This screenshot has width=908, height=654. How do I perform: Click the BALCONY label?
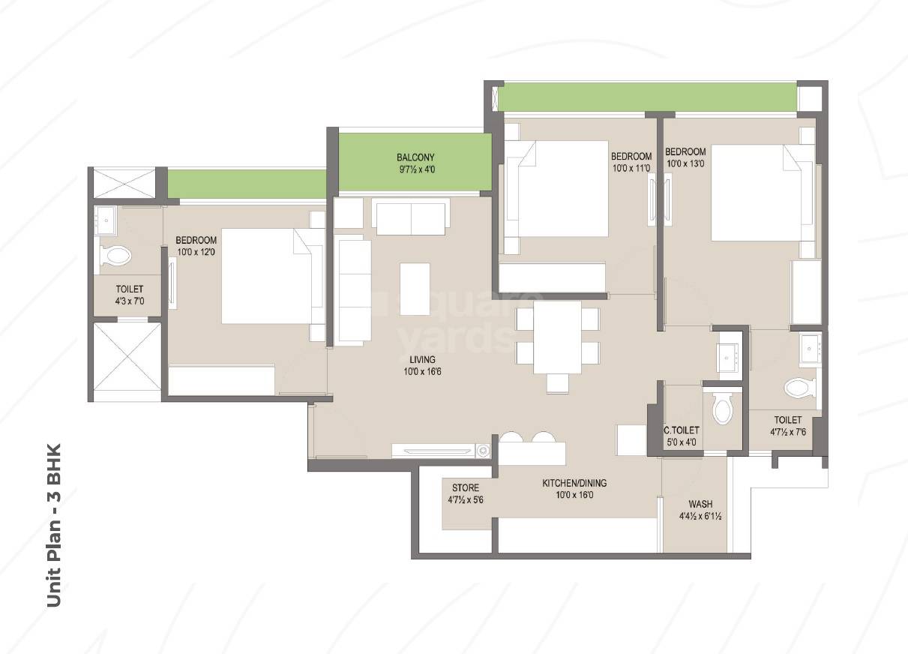pos(415,157)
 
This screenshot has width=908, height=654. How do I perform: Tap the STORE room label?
pos(465,488)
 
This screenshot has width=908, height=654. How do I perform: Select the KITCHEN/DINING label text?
pos(574,484)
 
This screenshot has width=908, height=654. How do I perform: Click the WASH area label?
pos(700,504)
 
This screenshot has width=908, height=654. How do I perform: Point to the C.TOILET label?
pos(682,430)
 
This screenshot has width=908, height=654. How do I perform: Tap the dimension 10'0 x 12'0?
pos(196,252)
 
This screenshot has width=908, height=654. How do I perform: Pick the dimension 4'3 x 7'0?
pos(129,301)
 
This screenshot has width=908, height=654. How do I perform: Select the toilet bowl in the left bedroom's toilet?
pos(116,255)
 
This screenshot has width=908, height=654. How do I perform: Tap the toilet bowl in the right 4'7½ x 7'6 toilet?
pos(798,388)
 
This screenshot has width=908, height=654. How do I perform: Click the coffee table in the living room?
pos(415,289)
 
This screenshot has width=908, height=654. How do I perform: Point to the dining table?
pos(557,337)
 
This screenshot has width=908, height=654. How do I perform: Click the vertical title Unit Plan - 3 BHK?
pos(53,525)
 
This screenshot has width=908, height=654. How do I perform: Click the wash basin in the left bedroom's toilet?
pos(106,219)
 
